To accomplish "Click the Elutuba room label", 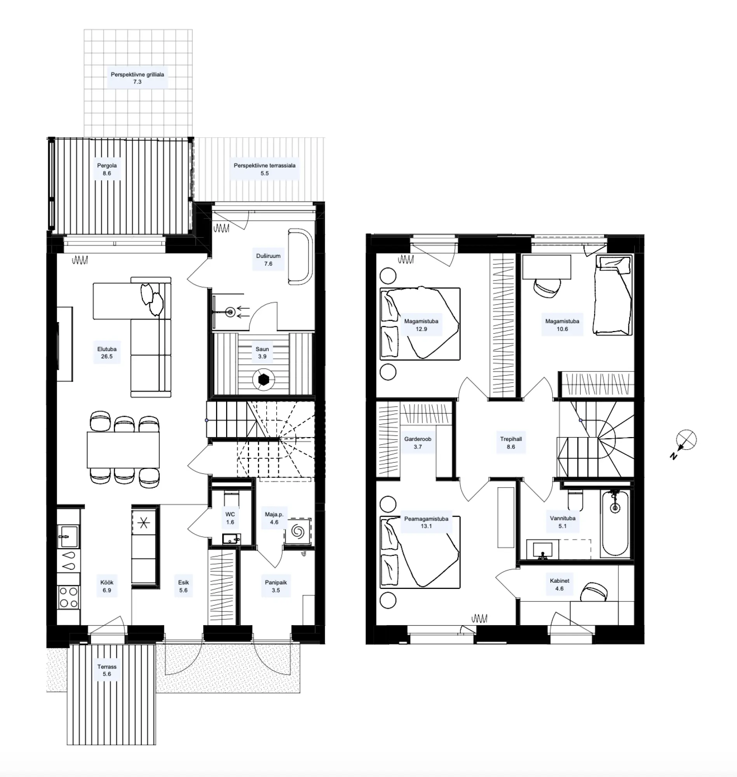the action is click(106, 349).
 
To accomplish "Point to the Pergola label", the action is click(107, 166).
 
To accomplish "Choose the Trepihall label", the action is click(511, 439).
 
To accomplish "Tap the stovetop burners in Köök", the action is click(68, 597).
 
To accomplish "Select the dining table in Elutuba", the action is click(124, 450).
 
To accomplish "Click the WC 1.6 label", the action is click(230, 518).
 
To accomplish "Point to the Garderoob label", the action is click(418, 439).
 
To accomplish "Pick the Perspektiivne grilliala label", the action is click(137, 74).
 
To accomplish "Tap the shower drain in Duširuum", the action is click(231, 312).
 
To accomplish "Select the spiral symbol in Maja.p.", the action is click(298, 532).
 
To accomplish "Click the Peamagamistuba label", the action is click(426, 519).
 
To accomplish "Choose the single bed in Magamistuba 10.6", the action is click(613, 295).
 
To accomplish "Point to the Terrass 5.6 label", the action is click(107, 670).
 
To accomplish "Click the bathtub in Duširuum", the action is click(300, 256).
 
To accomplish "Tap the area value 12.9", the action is click(421, 329).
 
